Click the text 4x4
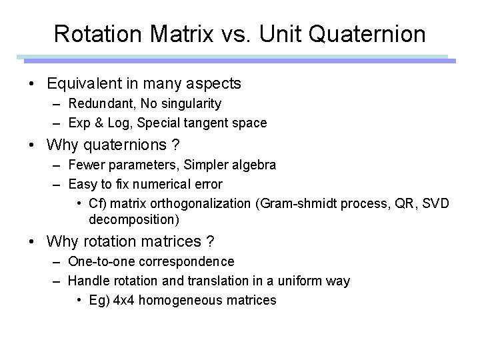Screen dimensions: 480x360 (x=121, y=301)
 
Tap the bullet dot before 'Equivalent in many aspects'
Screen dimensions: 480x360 (x=32, y=84)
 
